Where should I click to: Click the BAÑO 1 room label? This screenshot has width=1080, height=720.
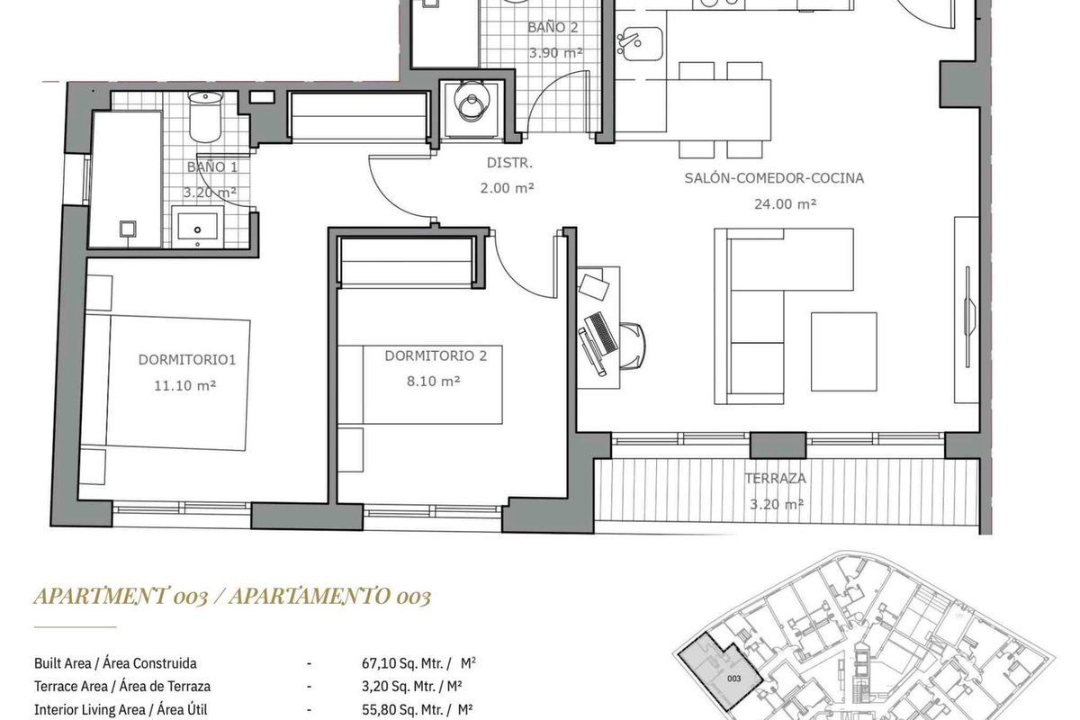coord(212,167)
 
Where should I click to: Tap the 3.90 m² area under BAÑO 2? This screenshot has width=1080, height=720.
coord(556,52)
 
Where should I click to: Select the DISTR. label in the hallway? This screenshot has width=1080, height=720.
coord(509,163)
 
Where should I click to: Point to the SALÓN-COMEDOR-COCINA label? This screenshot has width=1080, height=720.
coord(774,178)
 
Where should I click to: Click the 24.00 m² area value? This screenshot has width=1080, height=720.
coord(786,204)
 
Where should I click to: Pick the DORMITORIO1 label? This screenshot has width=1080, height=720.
coord(187,360)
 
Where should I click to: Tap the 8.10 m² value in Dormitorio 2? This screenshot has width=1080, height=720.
coord(434,382)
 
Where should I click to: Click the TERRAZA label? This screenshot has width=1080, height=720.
coord(775,479)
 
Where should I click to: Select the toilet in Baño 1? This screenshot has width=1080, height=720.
coord(205,116)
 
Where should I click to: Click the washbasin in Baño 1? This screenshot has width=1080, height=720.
coord(198,227)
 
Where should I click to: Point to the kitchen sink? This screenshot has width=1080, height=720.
coord(639,44)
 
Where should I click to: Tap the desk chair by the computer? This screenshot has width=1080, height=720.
coord(633,346)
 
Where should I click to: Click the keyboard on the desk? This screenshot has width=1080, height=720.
coord(601,333)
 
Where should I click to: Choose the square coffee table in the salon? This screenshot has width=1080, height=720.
coord(844,352)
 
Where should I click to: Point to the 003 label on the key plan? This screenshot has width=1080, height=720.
coord(733,679)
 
